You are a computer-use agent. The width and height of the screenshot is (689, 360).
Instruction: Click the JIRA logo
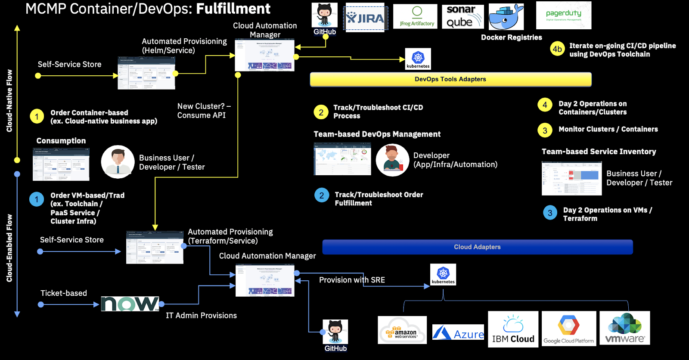366,18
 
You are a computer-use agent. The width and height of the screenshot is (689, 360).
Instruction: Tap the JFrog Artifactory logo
415,17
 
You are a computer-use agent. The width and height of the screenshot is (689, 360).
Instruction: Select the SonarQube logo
462,17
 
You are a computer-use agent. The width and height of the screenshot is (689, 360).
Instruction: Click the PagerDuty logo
563,15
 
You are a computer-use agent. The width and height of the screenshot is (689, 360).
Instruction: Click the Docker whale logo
506,17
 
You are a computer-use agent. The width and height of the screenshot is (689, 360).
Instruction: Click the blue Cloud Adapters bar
477,247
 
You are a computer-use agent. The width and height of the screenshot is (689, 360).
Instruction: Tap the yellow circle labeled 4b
557,49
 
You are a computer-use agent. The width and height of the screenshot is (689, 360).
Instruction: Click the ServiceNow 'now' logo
130,304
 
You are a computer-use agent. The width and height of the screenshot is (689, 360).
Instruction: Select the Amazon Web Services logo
402,330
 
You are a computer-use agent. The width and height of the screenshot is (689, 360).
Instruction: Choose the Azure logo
458,333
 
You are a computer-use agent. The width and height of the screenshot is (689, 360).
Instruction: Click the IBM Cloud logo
513,329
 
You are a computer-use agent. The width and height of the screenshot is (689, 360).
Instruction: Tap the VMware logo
624,329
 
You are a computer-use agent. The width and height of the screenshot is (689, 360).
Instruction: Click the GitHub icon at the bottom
335,332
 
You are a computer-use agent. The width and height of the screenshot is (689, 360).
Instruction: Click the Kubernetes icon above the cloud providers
443,274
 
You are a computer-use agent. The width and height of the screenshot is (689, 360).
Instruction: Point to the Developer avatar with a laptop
392,160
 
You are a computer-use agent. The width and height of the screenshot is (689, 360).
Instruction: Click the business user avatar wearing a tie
118,162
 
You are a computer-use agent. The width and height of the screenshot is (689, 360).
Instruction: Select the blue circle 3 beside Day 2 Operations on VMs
550,213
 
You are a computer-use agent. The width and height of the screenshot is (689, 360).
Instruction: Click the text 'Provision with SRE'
352,280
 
